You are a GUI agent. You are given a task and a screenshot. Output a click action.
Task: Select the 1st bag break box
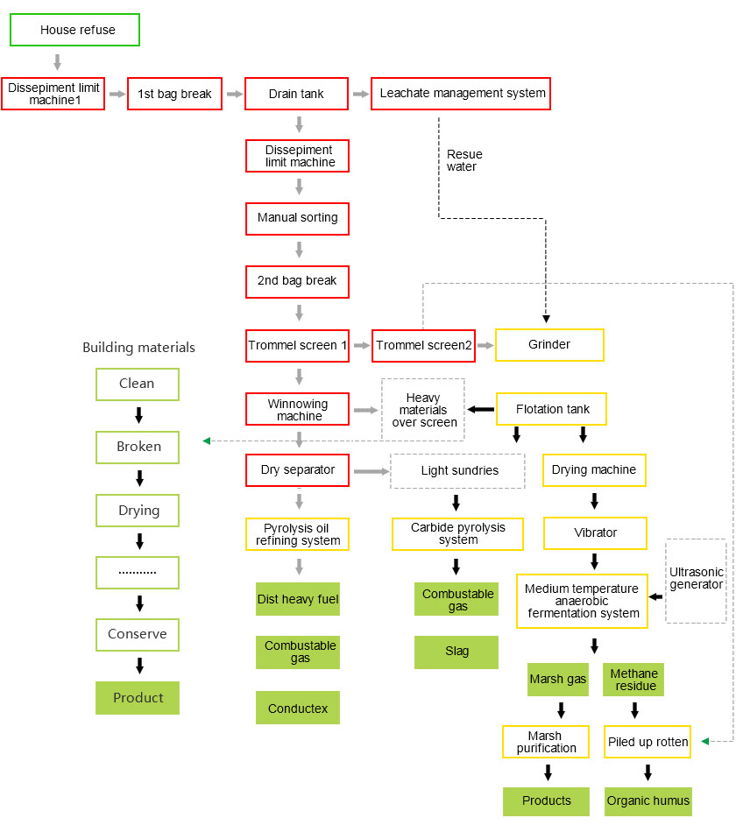[174, 94]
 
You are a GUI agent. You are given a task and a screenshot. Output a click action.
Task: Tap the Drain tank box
[297, 94]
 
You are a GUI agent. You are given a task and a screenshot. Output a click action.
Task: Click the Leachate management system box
[460, 94]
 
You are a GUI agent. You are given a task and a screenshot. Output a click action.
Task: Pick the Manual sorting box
[297, 218]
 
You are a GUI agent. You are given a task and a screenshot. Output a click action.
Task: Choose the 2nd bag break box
[297, 282]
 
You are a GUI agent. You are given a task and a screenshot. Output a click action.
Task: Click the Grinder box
[549, 345]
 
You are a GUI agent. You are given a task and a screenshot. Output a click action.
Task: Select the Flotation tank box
[552, 409]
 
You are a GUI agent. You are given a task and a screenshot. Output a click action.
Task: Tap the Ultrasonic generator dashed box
[697, 579]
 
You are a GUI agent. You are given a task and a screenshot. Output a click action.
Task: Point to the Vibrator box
[595, 532]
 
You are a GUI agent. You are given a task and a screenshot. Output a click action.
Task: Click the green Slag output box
[456, 652]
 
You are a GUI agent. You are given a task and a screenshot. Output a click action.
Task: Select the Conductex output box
[297, 709]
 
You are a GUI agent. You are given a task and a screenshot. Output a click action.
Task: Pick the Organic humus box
[648, 800]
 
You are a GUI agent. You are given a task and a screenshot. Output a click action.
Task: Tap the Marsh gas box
[558, 680]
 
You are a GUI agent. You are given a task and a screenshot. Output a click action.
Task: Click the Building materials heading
[138, 348]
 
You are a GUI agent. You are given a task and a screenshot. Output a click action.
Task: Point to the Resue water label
[464, 160]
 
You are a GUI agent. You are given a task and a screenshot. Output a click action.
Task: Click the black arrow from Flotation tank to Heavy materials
[480, 409]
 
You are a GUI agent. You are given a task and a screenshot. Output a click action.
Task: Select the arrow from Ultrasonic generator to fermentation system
[655, 596]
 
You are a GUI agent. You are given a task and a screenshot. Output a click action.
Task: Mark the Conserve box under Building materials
[137, 635]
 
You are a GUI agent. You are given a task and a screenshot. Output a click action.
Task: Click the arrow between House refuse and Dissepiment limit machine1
[57, 62]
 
